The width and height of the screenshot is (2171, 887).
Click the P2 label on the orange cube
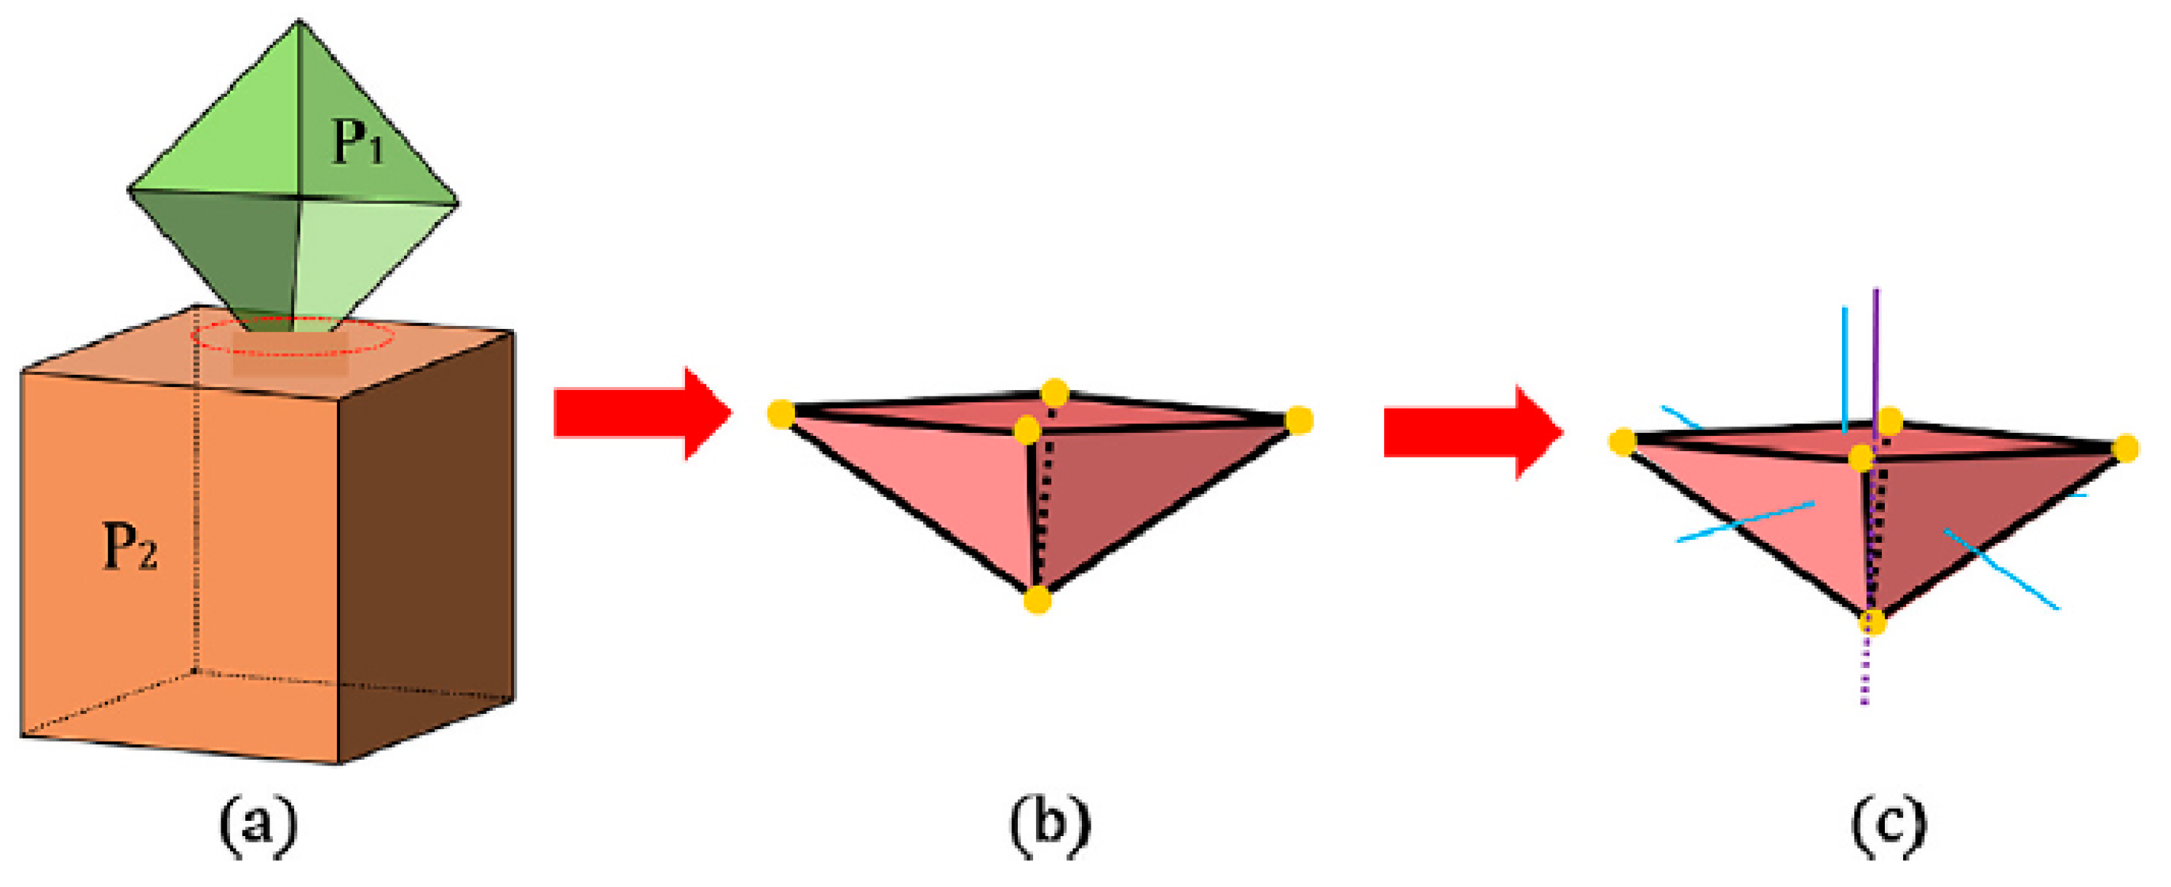coord(130,546)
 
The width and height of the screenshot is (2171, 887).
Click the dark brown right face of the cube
coord(426,547)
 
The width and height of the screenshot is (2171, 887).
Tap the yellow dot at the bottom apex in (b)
coord(1037,600)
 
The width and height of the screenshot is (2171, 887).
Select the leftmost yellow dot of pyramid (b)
coord(781,415)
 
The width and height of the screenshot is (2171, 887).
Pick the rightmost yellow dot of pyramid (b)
coord(1300,420)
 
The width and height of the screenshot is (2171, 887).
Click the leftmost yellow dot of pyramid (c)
coord(1622,442)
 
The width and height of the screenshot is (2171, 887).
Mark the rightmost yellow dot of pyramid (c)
coord(2125,449)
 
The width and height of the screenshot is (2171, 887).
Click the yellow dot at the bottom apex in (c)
coord(1872,622)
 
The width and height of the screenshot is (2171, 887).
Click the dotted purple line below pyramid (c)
coord(1866,674)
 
